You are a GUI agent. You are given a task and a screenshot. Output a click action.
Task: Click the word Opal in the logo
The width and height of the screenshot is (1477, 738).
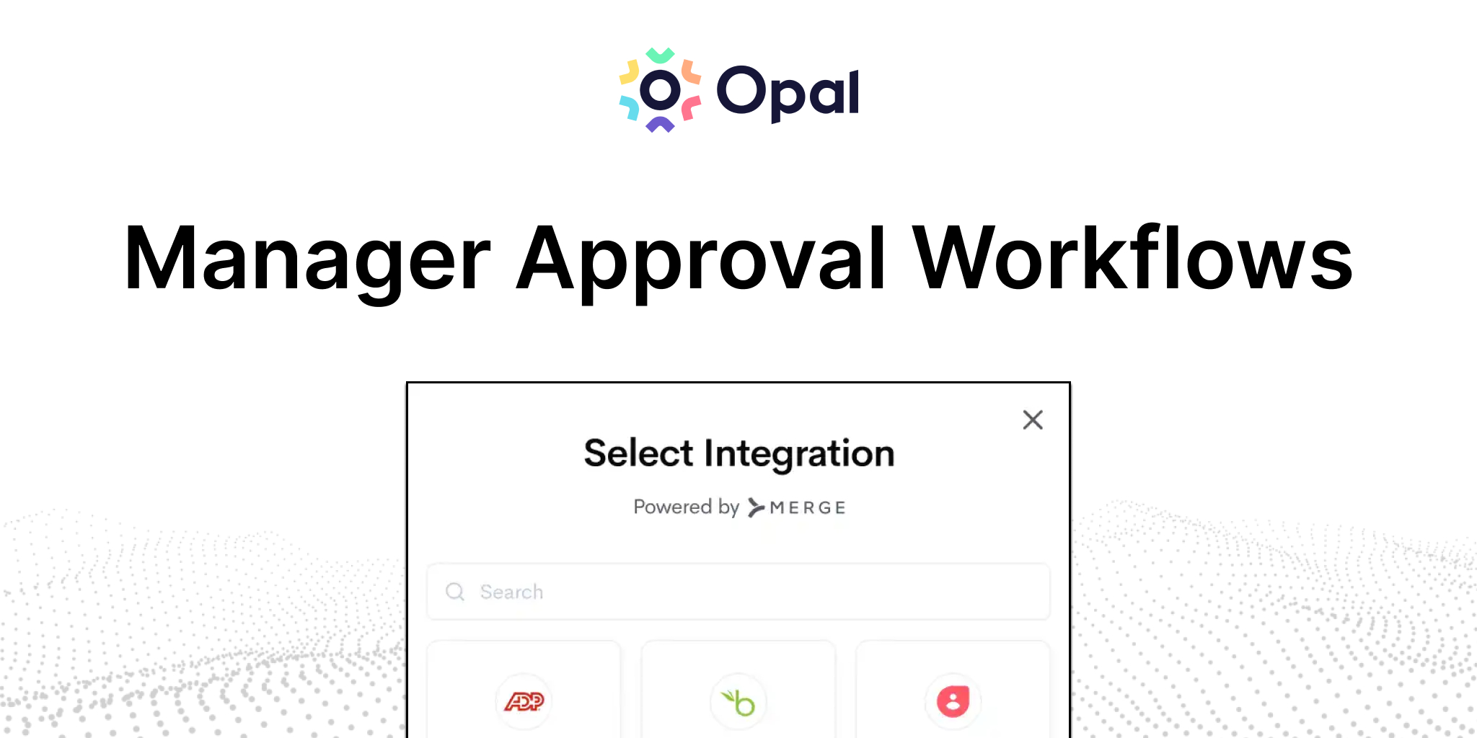click(788, 92)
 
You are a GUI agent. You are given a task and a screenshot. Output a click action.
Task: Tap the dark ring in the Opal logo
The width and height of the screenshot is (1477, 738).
click(660, 91)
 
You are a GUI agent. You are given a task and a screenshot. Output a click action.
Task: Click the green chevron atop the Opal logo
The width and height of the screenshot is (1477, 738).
click(660, 55)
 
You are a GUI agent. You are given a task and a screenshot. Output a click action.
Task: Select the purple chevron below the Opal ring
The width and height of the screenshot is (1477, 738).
click(660, 125)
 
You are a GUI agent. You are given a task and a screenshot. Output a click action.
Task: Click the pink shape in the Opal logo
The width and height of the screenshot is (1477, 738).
click(690, 108)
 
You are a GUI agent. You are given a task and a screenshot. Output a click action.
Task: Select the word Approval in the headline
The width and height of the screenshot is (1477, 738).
click(701, 260)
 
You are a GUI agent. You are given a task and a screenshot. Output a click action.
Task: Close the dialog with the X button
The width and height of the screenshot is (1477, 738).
click(1033, 419)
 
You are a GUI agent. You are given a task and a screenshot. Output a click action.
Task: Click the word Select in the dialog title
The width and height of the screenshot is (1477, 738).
click(638, 453)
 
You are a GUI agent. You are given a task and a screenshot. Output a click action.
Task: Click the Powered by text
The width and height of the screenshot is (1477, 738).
click(686, 507)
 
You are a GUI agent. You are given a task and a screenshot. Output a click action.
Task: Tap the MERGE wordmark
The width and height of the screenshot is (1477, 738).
click(808, 508)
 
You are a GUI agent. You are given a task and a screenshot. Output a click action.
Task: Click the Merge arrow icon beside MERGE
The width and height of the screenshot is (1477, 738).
click(756, 508)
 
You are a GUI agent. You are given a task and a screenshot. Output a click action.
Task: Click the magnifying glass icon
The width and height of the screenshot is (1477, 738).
click(455, 592)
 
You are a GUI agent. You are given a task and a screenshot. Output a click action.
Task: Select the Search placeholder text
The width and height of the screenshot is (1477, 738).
click(511, 592)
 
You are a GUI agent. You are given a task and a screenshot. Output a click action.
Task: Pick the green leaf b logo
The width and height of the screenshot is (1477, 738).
click(738, 701)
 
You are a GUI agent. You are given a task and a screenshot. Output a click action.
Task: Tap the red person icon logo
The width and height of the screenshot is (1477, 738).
click(953, 701)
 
